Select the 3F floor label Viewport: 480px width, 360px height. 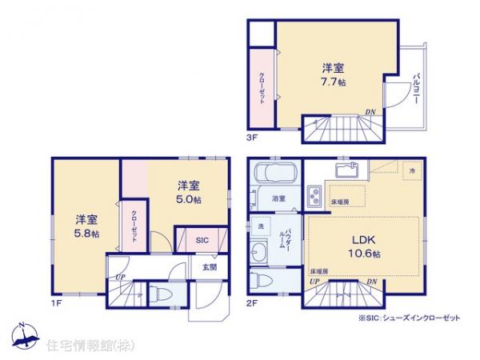250,138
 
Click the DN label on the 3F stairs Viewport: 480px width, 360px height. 370,112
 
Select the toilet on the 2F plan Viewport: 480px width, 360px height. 258,282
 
